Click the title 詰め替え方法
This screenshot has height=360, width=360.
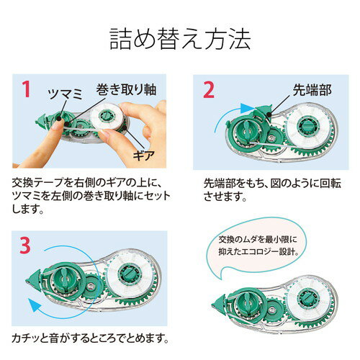180,39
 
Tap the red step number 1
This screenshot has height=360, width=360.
26,89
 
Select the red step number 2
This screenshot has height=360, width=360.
208,89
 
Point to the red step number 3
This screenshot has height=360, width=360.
25,245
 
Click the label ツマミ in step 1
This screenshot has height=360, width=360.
66,94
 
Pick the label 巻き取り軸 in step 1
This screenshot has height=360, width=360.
126,89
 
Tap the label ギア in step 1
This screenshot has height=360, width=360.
143,156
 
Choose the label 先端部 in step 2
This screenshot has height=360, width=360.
312,90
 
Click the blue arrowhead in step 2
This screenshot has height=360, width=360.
246,107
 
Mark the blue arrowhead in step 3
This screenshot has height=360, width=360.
34,305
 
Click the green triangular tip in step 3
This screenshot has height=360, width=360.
33,279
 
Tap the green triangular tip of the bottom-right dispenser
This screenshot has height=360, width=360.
219,304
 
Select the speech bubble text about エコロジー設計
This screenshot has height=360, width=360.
258,246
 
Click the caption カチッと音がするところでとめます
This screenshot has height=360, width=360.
90,338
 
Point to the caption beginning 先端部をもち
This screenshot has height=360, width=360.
272,190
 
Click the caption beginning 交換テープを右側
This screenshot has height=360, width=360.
91,196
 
